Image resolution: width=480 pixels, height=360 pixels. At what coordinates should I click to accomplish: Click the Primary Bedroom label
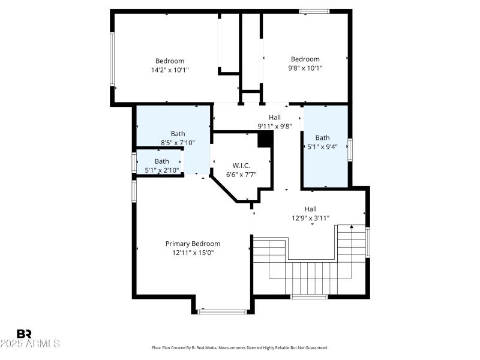tap(193, 244)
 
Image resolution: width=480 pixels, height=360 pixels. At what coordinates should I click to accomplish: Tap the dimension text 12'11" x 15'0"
tap(193, 253)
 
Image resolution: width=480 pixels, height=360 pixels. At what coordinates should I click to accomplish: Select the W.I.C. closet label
tap(241, 166)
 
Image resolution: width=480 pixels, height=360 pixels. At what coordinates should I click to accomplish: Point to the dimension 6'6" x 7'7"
tap(241, 175)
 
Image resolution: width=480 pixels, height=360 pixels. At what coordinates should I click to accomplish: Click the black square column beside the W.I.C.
tap(265, 139)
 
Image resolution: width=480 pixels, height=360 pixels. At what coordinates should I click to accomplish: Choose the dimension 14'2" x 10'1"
tap(170, 70)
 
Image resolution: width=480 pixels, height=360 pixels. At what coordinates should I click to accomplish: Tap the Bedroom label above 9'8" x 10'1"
tap(305, 59)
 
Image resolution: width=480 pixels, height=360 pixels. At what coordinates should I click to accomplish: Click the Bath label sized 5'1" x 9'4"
tap(323, 137)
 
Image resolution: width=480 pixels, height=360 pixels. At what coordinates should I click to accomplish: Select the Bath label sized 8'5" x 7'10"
tap(178, 134)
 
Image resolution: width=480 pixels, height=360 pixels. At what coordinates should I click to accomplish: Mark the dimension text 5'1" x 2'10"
tap(162, 170)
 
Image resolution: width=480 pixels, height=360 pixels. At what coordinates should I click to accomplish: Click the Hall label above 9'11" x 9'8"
tap(275, 117)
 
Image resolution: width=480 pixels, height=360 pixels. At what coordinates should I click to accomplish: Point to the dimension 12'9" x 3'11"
tap(311, 218)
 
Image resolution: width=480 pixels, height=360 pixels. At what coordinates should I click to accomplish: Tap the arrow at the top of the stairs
tap(352, 227)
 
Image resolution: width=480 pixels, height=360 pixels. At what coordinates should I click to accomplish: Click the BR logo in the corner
tap(24, 334)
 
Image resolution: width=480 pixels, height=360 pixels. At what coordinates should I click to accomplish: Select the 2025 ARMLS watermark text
tap(30, 344)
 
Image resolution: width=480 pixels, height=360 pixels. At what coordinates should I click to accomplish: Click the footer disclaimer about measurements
tap(240, 347)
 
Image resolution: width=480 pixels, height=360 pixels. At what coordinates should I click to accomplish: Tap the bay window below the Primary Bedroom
tap(223, 311)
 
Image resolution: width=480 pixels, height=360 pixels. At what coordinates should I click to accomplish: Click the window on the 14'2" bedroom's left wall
tap(112, 58)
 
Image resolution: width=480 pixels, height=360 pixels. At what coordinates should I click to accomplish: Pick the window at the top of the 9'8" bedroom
tap(314, 11)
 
